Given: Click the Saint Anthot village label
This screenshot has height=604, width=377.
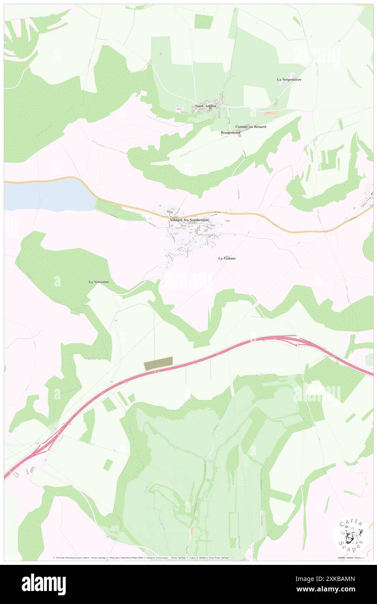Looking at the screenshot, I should [205, 106].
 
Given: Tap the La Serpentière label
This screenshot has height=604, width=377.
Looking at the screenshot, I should [289, 80].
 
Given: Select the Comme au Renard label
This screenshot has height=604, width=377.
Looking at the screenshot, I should [251, 126].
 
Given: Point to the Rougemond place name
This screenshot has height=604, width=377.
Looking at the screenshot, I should [231, 132].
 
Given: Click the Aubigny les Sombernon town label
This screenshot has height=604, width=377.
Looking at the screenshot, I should [189, 220].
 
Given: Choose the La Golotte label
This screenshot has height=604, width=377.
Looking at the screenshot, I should [227, 258].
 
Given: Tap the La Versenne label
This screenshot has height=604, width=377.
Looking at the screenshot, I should [99, 282].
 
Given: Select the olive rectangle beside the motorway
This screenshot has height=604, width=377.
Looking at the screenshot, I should [158, 363].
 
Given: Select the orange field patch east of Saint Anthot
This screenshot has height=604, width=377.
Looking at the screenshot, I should [271, 113].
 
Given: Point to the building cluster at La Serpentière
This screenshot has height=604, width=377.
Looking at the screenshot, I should [283, 84].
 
